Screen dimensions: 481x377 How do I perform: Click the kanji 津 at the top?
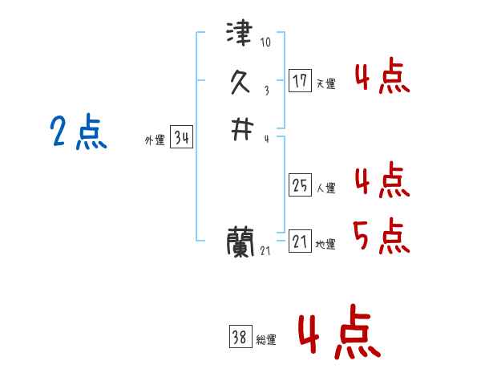coord(240,34)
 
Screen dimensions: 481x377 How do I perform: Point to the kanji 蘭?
coord(240,241)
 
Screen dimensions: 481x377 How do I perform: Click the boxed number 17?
coord(300,80)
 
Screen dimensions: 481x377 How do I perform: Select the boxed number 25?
coord(300,185)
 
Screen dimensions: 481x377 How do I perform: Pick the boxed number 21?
coord(300,241)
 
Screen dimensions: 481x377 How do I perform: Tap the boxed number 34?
coord(181,138)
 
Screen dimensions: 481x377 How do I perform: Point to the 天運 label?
coord(325,83)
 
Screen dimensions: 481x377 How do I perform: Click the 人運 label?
coord(325,188)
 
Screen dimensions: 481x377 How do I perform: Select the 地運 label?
coord(325,244)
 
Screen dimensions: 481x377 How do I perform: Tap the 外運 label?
coord(155,140)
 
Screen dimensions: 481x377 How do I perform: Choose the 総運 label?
coord(266,340)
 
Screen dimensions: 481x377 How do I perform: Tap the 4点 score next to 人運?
coord(382,180)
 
